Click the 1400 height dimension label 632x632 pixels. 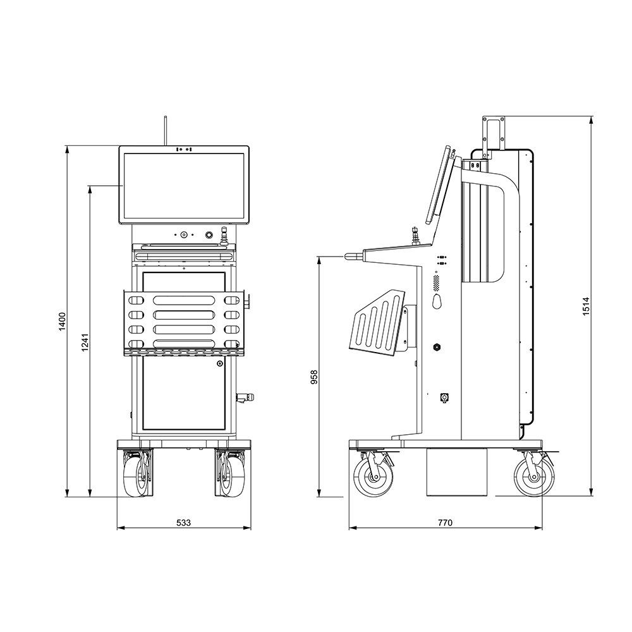62,322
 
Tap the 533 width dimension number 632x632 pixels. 183,523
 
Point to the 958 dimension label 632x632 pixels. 314,377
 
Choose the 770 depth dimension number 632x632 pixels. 445,523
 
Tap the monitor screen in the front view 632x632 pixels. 184,185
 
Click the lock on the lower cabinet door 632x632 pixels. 220,363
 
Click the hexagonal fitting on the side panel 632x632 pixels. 436,346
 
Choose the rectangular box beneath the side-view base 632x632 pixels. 456,473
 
